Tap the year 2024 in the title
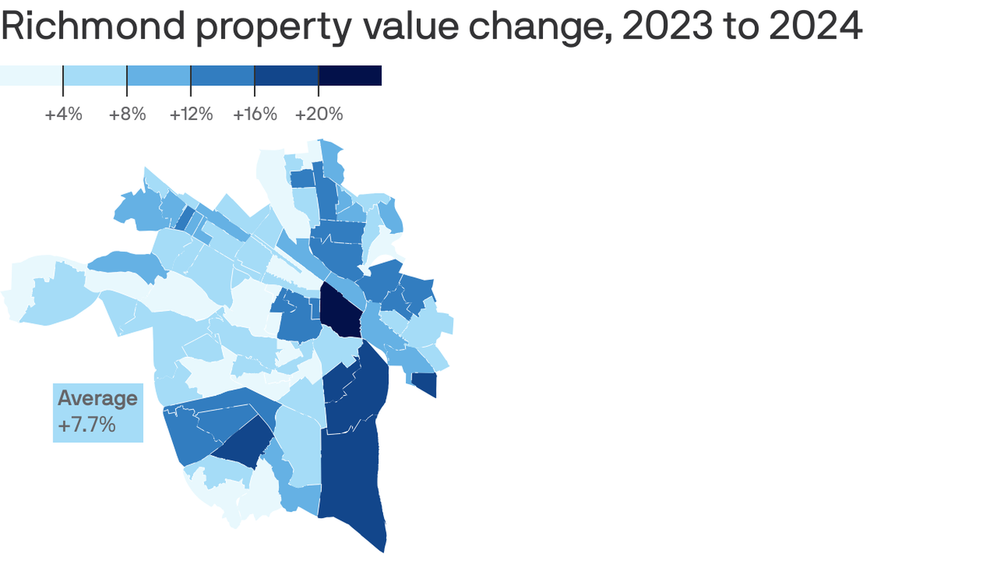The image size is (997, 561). click(811, 27)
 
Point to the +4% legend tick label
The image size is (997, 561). click(63, 115)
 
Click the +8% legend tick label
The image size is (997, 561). click(127, 115)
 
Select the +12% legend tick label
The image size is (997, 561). click(191, 115)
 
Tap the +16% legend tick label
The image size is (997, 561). click(255, 115)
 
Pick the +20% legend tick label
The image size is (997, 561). click(319, 115)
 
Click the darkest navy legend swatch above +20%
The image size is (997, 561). click(350, 76)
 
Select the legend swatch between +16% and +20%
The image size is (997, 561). click(287, 76)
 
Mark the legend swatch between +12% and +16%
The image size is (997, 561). click(223, 76)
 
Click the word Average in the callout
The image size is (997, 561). click(97, 398)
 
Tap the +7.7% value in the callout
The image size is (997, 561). click(86, 425)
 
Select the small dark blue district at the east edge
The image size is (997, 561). click(426, 383)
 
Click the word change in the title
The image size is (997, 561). click(534, 27)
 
